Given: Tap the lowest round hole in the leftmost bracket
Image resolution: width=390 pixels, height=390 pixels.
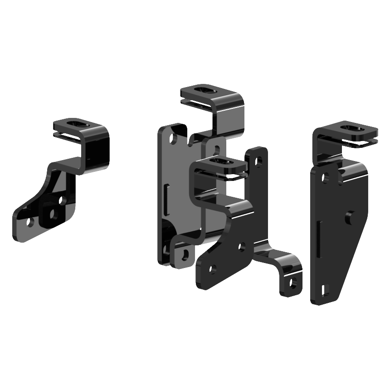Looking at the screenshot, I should click(x=30, y=222).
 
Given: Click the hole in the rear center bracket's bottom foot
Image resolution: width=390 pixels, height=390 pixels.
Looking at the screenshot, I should click(x=184, y=254).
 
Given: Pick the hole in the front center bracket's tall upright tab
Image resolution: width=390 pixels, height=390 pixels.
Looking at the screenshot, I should click(x=258, y=160).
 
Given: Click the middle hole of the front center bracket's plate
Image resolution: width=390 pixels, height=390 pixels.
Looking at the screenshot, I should click(x=242, y=247).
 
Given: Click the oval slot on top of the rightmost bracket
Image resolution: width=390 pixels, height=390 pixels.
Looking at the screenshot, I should click(x=352, y=128).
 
